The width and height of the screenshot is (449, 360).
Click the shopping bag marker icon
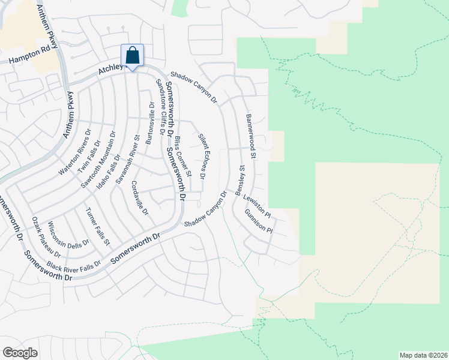tap(132, 56)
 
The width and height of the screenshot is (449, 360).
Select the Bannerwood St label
tap(251, 137)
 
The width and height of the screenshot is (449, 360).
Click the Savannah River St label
tap(128, 163)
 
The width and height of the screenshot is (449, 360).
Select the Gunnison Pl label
tap(259, 222)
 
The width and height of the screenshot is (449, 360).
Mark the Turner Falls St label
tap(98, 227)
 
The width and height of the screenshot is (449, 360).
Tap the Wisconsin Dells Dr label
tap(68, 235)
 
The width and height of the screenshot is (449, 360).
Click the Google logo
tap(20, 353)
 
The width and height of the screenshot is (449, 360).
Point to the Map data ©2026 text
tap(423, 355)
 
